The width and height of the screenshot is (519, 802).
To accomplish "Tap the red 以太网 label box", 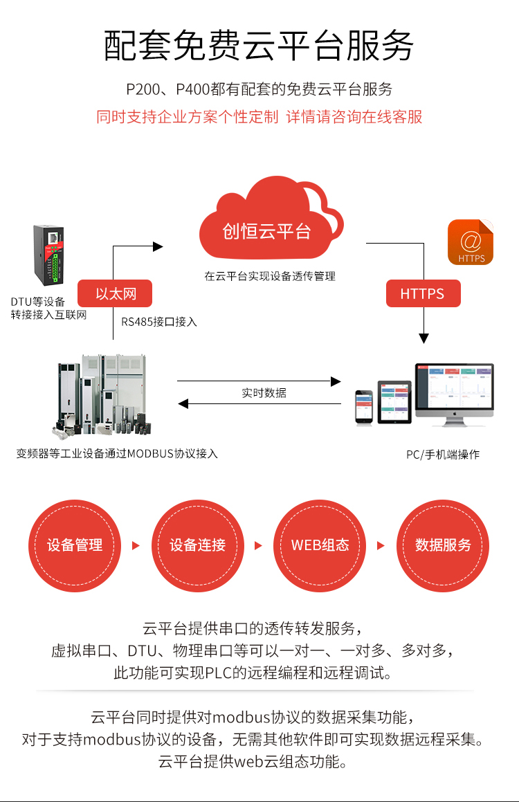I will click(115, 293).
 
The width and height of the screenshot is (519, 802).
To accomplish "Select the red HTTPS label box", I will click(422, 293).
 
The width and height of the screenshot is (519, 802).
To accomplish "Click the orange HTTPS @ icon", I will click(471, 242).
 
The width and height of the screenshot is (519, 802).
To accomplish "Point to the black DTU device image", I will click(49, 256).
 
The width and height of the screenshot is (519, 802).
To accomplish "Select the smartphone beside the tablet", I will click(364, 406).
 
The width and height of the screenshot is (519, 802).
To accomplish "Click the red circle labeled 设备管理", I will click(75, 545).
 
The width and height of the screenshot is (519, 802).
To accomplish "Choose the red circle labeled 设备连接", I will click(198, 545).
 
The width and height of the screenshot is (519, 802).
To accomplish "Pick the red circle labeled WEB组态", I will click(320, 545).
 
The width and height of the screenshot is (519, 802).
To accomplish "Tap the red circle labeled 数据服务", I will click(443, 545).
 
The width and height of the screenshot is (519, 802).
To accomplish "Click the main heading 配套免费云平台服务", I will click(259, 46).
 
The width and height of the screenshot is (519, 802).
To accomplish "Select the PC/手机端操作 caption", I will click(443, 455).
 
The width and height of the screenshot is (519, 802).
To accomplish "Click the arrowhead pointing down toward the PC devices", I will click(424, 338).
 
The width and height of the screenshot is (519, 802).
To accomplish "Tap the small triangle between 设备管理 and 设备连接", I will click(136, 545).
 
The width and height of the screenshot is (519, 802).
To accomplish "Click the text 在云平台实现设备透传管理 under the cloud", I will click(270, 276).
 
